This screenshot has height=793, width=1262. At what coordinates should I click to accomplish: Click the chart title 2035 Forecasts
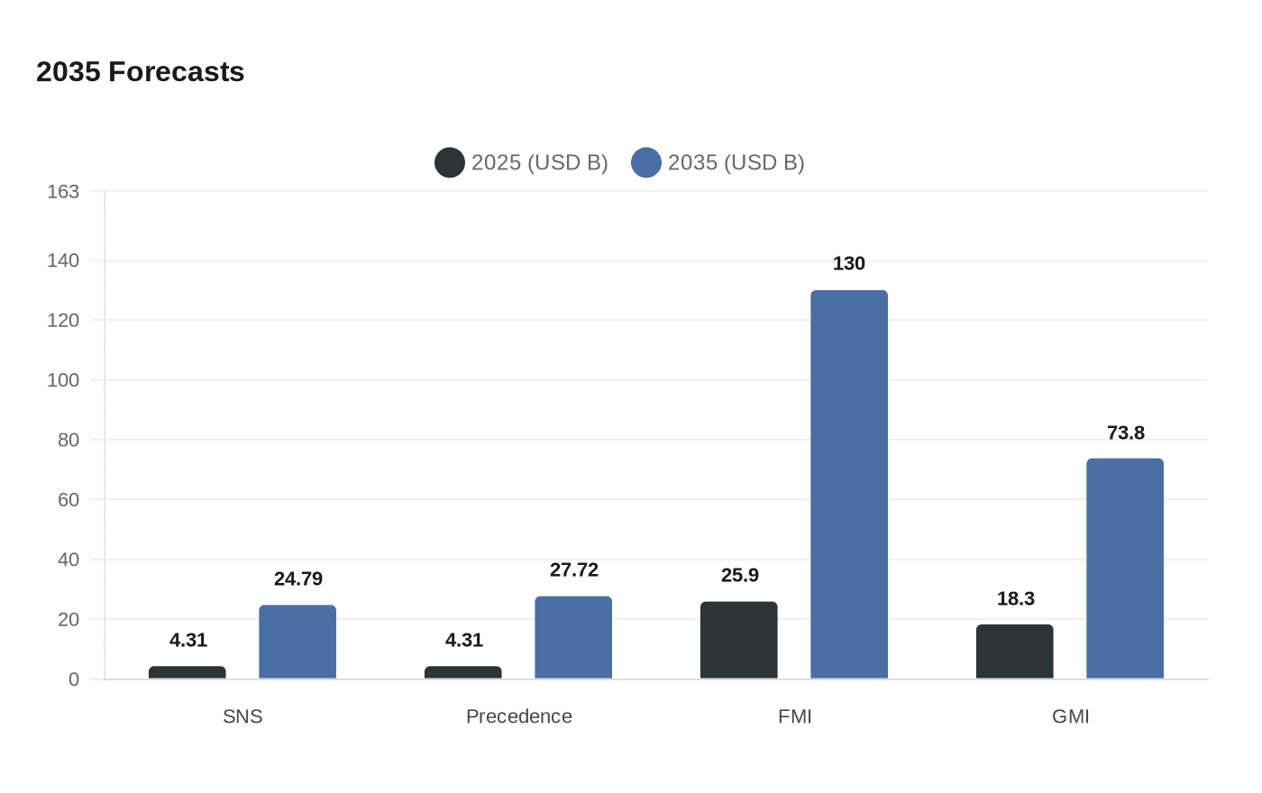point(141,72)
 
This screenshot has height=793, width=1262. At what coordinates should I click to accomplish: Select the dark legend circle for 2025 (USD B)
point(450,162)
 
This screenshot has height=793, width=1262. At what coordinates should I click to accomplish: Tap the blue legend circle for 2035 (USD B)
point(646,162)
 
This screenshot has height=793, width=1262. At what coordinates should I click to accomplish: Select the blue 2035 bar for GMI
point(1125,569)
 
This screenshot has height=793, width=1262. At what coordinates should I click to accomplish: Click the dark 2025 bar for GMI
point(1014,652)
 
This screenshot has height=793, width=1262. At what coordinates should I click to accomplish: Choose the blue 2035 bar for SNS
point(297,642)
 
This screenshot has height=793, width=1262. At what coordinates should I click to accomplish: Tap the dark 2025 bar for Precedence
point(462,672)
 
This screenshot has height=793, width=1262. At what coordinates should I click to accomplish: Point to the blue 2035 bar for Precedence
point(573,637)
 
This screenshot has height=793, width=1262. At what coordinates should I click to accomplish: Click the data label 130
point(849,263)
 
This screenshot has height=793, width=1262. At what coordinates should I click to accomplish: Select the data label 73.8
point(1125,433)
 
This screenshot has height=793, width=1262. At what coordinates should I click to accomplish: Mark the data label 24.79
point(297,579)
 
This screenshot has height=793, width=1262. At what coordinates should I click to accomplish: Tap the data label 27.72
point(573,570)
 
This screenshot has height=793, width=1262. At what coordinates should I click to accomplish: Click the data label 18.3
point(1015,598)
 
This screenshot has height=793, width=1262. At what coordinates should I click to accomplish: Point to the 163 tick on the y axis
point(63,192)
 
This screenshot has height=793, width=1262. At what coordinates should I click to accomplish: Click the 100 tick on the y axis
point(63,380)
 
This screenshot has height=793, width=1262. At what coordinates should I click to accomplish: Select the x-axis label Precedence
point(518,716)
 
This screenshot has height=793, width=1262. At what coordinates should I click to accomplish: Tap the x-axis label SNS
point(242,716)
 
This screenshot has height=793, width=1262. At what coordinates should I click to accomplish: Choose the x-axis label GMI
point(1070,716)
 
